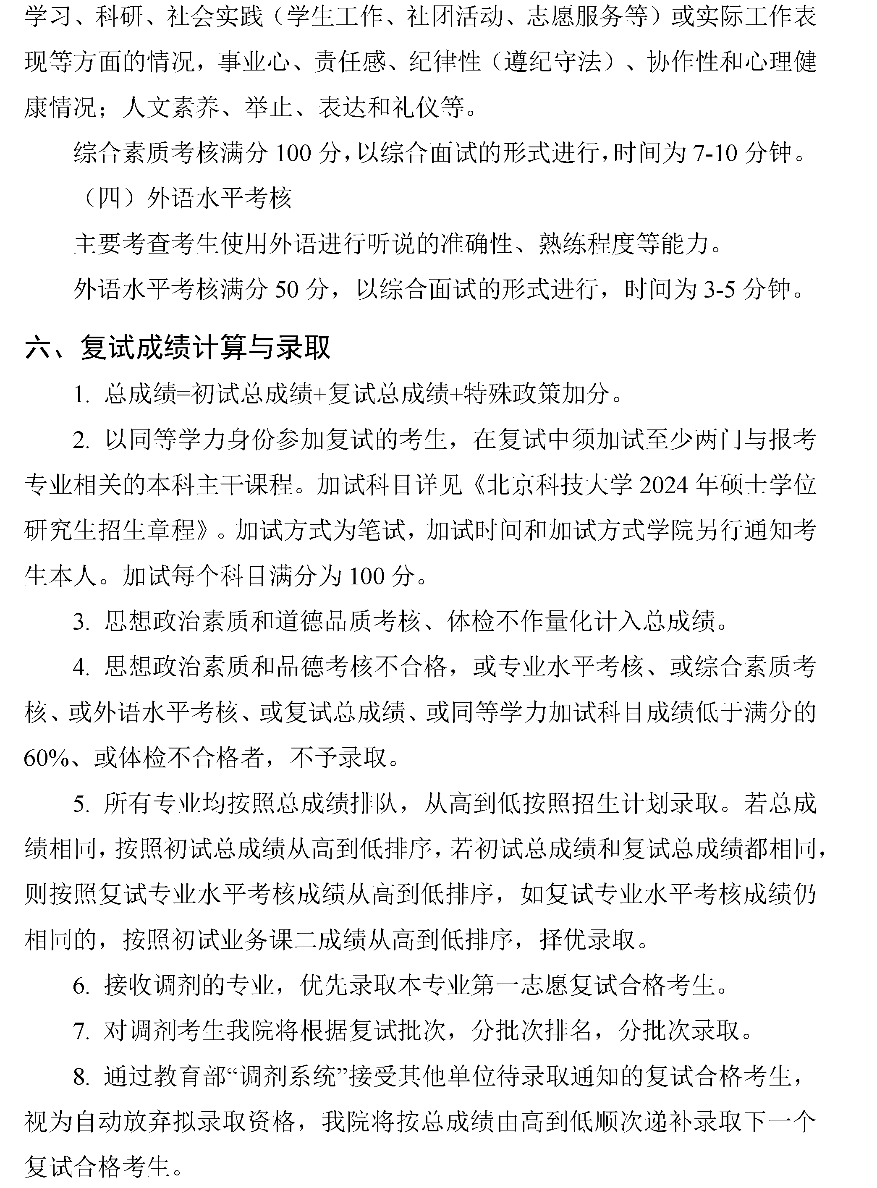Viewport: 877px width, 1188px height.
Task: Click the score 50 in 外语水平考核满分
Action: (287, 290)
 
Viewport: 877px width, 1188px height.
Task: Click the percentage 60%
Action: (47, 759)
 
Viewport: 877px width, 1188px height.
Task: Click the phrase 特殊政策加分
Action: (536, 394)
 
